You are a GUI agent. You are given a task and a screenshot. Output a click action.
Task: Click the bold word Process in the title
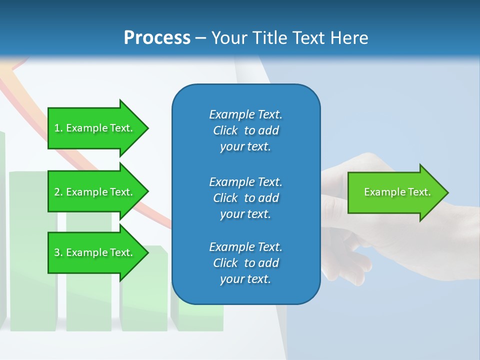(x=157, y=38)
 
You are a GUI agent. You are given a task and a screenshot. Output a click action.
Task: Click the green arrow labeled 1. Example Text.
(x=95, y=128)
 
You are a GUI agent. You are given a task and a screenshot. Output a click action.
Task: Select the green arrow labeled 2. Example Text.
(x=95, y=192)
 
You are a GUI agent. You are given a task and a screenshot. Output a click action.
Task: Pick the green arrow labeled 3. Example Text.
(x=95, y=252)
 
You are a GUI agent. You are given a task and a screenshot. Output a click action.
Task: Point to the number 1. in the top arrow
(x=58, y=128)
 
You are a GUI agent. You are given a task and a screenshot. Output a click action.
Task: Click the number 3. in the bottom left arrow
(x=58, y=253)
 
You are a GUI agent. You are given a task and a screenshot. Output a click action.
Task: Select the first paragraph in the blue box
(x=245, y=130)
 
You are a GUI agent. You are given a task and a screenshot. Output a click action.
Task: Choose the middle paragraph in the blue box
(x=245, y=198)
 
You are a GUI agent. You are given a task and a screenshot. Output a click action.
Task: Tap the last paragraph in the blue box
(x=245, y=263)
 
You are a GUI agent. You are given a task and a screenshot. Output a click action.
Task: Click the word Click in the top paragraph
(x=225, y=130)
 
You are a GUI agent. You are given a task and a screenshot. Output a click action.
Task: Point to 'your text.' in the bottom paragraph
(x=245, y=279)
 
